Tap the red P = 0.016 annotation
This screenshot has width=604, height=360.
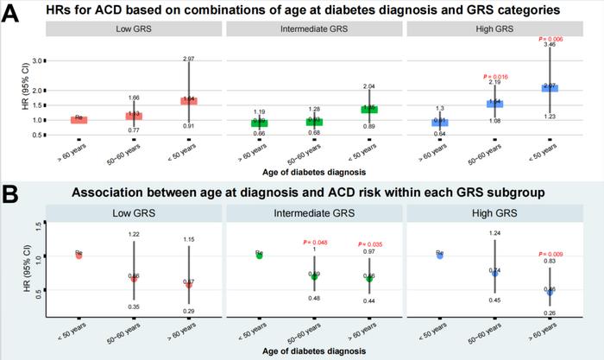coord(495,76)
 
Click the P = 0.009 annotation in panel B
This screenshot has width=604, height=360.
coord(549,254)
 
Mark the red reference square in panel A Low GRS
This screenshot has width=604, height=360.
coord(79,119)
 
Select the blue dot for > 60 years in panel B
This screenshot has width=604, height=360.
coord(550,292)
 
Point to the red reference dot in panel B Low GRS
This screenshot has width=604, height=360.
coord(79,256)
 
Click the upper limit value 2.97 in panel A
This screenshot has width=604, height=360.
coord(189,59)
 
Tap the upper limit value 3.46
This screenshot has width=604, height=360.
coord(550,44)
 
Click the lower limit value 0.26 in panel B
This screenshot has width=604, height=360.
coord(550,313)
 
